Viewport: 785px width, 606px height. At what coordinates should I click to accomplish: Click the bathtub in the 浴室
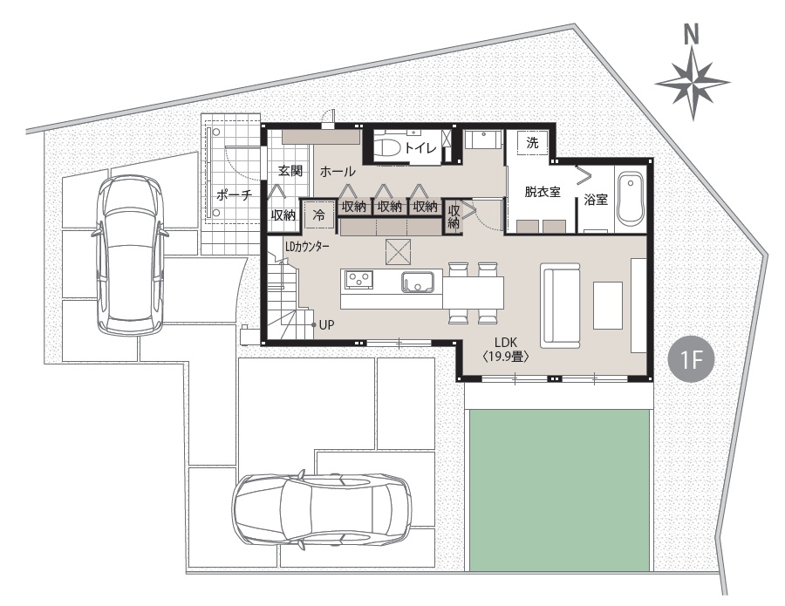point(630,199)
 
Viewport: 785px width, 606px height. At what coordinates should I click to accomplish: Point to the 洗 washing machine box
point(532,143)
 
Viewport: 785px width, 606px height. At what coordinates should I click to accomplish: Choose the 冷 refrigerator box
point(318,214)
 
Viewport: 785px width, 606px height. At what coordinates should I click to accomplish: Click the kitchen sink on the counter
point(417,283)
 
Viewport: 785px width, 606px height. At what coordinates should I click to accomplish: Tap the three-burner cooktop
point(358,279)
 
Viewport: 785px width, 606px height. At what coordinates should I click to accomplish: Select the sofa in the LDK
point(560,306)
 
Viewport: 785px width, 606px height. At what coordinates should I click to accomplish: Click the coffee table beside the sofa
point(608,305)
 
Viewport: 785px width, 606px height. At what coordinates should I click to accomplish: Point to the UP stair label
point(326,324)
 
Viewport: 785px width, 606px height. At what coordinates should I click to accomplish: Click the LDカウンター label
point(307,246)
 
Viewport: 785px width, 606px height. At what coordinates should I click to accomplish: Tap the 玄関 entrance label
point(290,171)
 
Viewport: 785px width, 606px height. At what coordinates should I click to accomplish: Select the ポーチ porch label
point(234,194)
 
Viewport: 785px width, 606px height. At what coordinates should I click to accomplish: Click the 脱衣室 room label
point(543,191)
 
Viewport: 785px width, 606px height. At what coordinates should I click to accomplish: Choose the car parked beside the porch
point(131,255)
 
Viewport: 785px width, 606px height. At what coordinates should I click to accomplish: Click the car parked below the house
point(321,510)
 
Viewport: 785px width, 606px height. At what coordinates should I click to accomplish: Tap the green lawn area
point(560,490)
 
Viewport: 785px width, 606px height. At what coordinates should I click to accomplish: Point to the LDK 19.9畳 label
point(506,350)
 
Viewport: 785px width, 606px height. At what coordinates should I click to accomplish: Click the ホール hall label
point(338,172)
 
